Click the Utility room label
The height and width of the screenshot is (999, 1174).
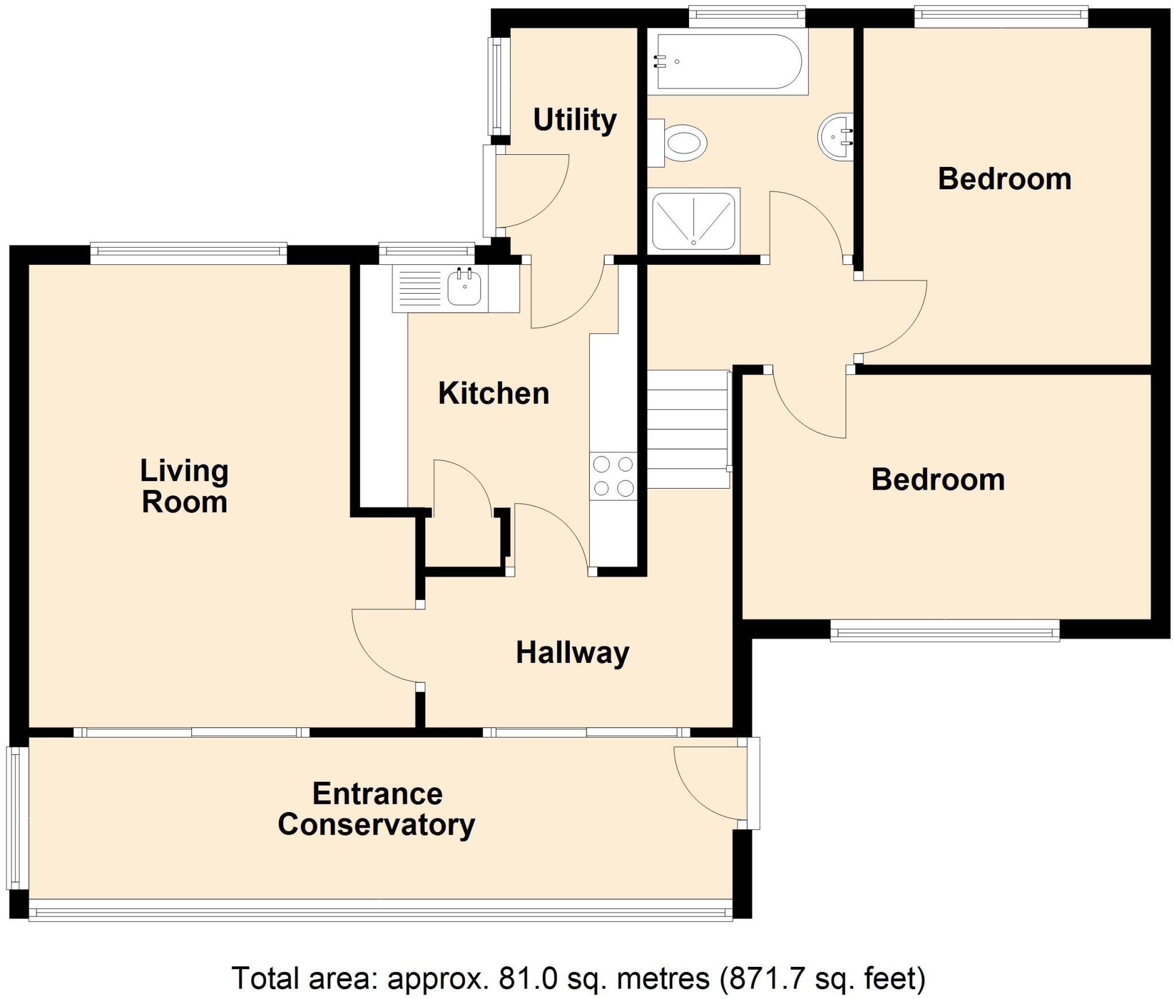pos(575,120)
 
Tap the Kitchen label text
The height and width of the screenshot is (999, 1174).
pos(494,393)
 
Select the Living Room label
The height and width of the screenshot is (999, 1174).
pos(185,486)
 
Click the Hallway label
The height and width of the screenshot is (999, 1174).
pos(573,653)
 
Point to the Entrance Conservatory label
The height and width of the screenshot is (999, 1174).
pos(377,810)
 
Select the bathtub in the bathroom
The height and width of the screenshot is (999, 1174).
pos(728,61)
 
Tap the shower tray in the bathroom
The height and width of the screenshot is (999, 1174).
pos(694,221)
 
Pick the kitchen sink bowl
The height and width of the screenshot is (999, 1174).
pos(464,288)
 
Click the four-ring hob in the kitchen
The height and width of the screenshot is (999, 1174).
pos(613,475)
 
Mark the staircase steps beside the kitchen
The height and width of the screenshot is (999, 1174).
pos(688,429)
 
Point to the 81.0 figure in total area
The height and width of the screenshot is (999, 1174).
pos(527,978)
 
